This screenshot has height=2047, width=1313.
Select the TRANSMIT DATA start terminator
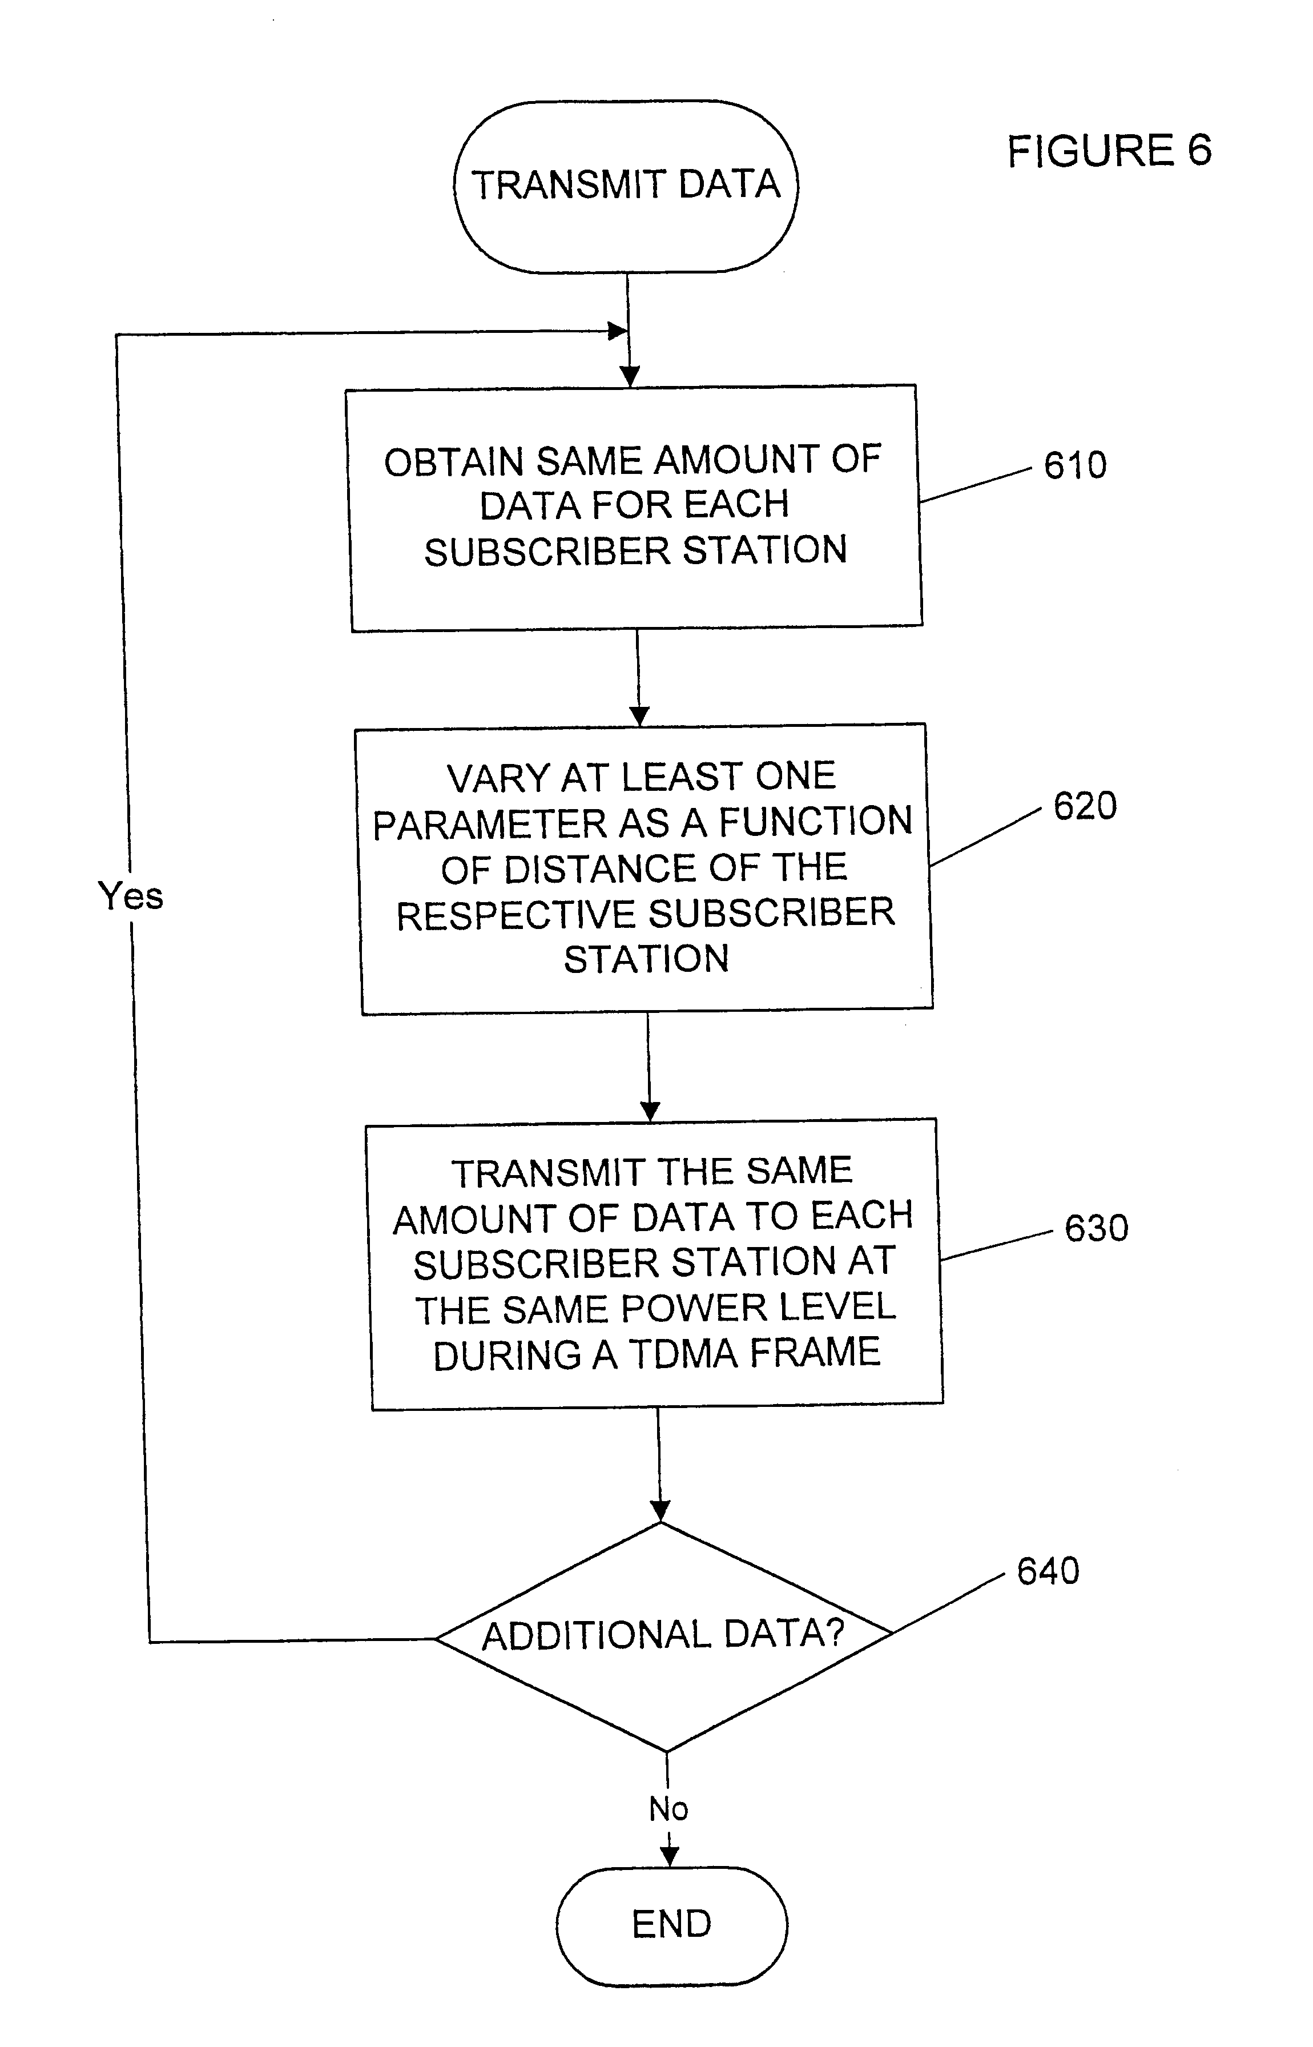pos(626,187)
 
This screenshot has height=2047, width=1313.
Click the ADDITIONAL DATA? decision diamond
pos(664,1636)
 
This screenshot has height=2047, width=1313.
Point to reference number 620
pos(1085,806)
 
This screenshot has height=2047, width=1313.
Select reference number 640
pos(1048,1571)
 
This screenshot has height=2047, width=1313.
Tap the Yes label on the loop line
pos(131,896)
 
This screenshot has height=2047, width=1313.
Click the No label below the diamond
pos(668,1808)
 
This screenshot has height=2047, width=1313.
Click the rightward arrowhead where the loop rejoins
pos(617,331)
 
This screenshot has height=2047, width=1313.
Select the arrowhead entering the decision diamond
pos(660,1511)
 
